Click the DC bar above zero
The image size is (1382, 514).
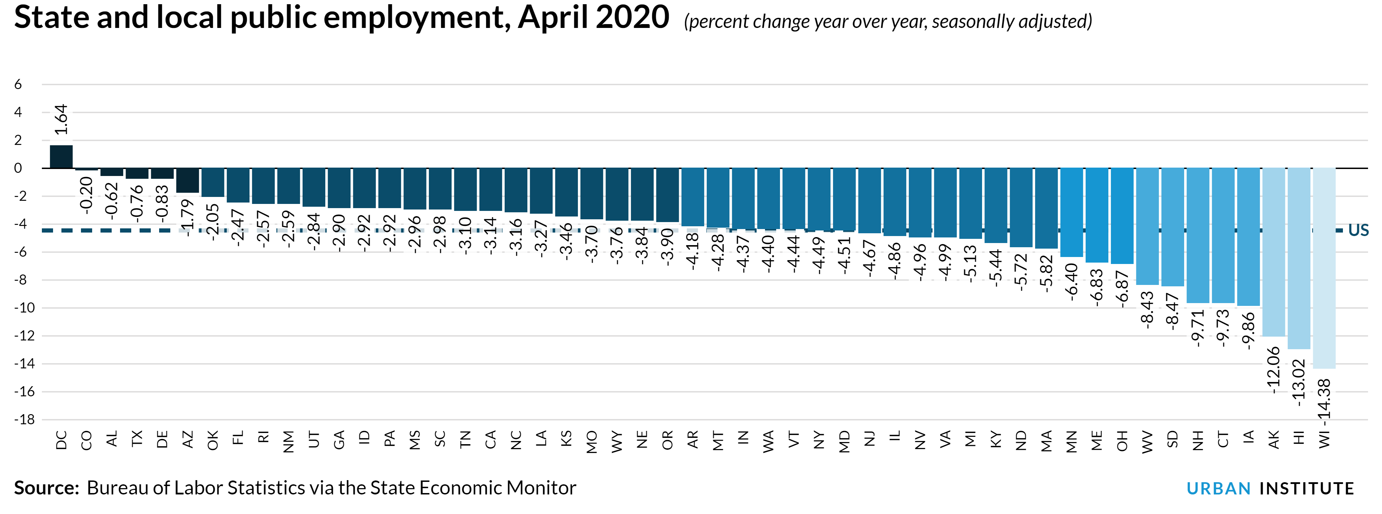[x=61, y=157]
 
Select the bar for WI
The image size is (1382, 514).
[x=1324, y=268]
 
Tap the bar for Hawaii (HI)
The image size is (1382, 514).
[x=1299, y=259]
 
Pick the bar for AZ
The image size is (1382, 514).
[x=187, y=180]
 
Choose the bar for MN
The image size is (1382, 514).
[x=1071, y=212]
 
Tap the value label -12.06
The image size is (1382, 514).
[x=1273, y=370]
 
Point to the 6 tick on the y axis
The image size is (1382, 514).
[x=18, y=84]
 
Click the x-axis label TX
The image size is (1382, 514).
[x=137, y=439]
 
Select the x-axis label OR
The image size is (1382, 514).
[x=667, y=440]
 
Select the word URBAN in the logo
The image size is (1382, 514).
[x=1218, y=488]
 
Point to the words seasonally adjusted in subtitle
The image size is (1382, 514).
[x=1011, y=21]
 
